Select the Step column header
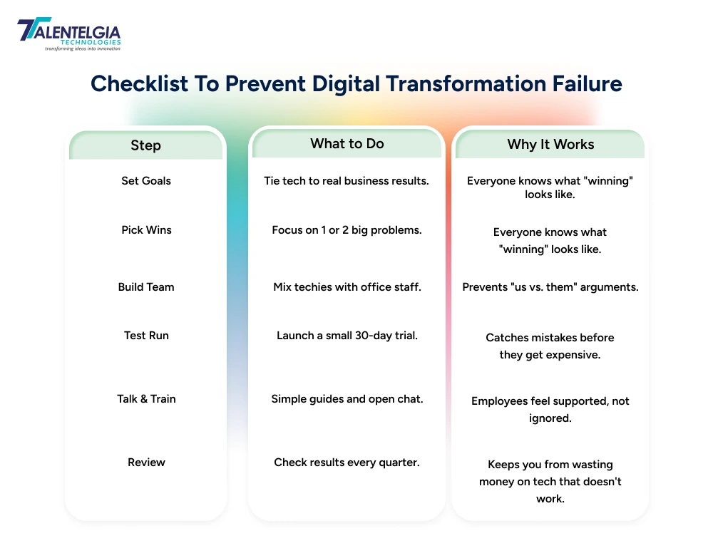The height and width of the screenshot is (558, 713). [x=145, y=145]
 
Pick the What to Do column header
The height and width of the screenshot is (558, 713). [x=347, y=144]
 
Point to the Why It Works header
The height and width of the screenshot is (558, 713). [x=550, y=144]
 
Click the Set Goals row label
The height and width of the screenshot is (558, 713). [x=146, y=181]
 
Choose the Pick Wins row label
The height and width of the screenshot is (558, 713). [x=146, y=230]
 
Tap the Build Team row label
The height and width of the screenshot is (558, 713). [x=146, y=287]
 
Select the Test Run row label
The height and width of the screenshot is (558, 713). [x=146, y=336]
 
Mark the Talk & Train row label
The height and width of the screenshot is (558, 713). [x=146, y=399]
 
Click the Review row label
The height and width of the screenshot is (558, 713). [x=146, y=463]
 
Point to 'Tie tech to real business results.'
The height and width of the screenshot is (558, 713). [x=347, y=181]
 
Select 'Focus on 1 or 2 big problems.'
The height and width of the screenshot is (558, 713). [x=347, y=230]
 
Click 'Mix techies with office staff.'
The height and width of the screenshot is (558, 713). [x=347, y=287]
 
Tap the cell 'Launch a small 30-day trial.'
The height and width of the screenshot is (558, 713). [x=347, y=336]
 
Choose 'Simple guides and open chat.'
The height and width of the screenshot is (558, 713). [x=347, y=399]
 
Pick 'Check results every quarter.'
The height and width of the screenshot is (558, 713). [x=347, y=463]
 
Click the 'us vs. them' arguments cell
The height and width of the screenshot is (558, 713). [x=550, y=287]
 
